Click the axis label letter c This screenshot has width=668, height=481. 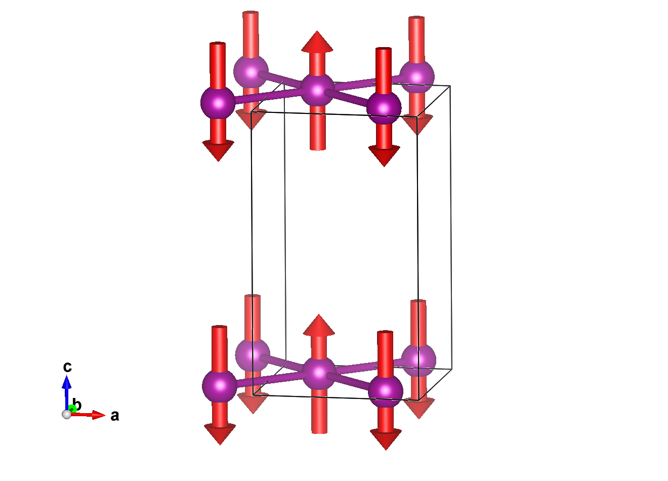[67, 367]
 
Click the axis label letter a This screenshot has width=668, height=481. [115, 416]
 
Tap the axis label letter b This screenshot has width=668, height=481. [77, 405]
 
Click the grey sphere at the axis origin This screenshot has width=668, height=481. [66, 414]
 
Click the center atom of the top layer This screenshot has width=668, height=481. [318, 90]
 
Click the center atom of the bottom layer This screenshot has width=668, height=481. [319, 373]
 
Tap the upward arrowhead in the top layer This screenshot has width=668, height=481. [317, 42]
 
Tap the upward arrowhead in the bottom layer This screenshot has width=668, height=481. [319, 326]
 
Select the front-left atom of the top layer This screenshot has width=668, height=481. [218, 103]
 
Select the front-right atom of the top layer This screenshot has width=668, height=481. [384, 107]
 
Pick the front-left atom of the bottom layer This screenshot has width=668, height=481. [220, 386]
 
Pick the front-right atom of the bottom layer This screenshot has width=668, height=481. [386, 391]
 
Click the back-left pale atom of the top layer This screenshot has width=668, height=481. [251, 71]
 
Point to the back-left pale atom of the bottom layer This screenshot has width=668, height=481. [253, 355]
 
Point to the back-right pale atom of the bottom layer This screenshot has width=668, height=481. [419, 360]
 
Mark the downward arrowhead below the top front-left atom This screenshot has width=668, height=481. [218, 151]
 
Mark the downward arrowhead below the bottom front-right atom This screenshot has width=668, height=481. [386, 439]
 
